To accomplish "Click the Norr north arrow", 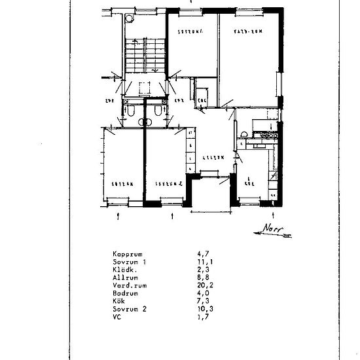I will pyautogui.click(x=272, y=230).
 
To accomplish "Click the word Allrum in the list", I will pyautogui.click(x=124, y=278).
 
